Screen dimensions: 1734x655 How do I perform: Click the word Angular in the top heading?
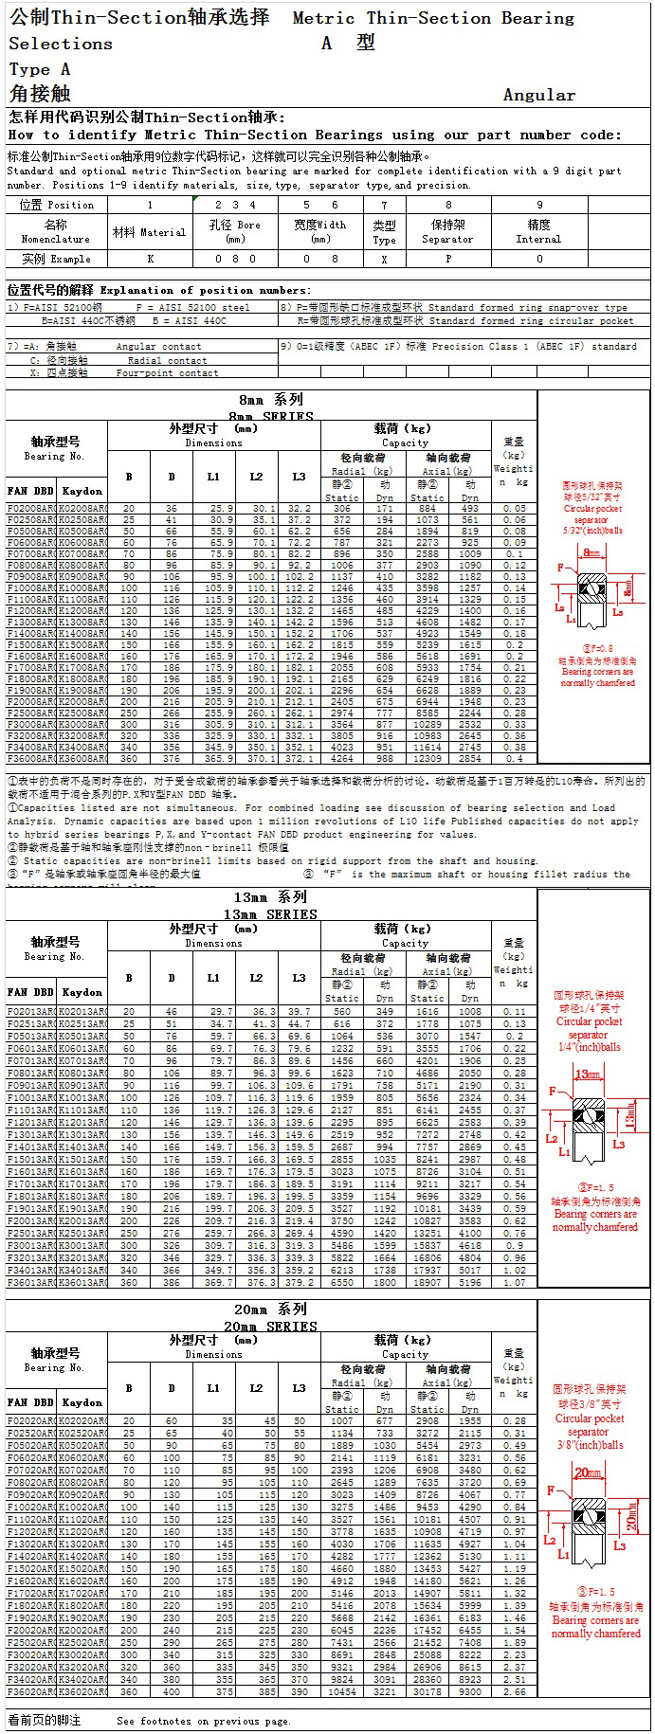click(538, 95)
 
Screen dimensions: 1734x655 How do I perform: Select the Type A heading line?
click(39, 69)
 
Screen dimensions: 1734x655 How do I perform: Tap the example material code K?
click(150, 259)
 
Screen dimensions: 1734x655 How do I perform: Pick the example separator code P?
click(448, 259)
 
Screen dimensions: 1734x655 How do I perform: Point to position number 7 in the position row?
click(384, 205)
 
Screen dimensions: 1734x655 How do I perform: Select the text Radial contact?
click(167, 361)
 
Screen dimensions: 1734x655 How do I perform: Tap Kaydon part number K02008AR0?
click(82, 509)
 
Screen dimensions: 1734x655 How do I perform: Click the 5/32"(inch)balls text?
click(592, 531)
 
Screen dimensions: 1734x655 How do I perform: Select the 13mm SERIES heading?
click(270, 914)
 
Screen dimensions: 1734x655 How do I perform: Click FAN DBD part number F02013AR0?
click(30, 1012)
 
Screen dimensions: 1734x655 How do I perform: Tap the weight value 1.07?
click(514, 1283)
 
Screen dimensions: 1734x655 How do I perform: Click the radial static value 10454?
click(341, 1691)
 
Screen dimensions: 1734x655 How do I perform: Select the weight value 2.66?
click(514, 1691)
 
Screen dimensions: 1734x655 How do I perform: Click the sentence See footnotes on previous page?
click(203, 1721)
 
